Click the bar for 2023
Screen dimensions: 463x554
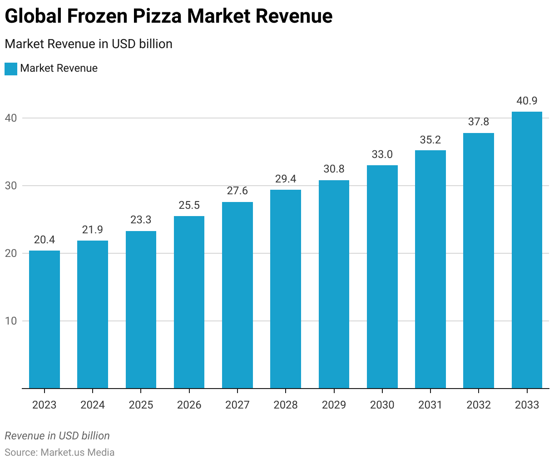45,320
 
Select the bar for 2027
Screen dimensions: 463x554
237,295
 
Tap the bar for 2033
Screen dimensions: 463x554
527,250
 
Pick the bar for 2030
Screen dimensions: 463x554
382,277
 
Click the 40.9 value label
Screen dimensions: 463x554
527,101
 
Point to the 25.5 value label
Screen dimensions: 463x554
189,205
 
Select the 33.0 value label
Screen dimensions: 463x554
382,154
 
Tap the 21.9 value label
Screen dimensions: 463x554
93,230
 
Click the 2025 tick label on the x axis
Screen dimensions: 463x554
141,405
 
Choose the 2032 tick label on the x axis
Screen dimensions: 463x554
479,405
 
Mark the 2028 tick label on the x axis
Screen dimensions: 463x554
286,405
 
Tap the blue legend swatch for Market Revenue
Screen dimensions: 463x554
11,69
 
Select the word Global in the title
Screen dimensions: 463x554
33,16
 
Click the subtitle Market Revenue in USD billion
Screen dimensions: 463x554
89,44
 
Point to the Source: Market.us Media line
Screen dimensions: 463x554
59,453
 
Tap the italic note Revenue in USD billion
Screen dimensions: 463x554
57,436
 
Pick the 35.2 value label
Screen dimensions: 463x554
430,140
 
